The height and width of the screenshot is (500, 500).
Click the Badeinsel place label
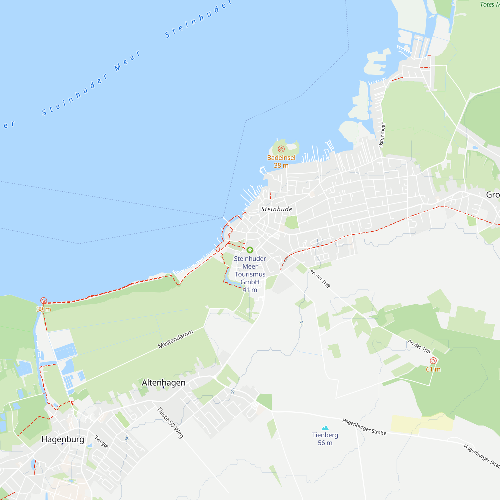click(281, 157)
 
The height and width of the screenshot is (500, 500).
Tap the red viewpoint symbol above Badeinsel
click(281, 149)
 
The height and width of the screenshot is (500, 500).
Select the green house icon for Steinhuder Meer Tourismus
click(250, 250)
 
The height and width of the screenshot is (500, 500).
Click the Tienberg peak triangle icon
click(325, 427)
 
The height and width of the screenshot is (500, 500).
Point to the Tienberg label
click(325, 435)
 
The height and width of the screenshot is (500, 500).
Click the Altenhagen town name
click(163, 382)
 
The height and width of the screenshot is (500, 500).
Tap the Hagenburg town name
click(63, 439)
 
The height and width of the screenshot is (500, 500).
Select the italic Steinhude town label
click(276, 209)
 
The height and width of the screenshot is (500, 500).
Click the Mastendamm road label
click(175, 339)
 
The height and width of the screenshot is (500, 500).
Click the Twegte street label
click(101, 442)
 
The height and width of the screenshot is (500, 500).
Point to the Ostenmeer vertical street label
click(382, 135)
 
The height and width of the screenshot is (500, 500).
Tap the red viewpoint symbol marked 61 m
click(433, 360)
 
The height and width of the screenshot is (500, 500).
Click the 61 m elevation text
click(433, 369)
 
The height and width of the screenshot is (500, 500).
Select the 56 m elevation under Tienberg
click(325, 443)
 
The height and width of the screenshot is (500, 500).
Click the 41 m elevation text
click(250, 290)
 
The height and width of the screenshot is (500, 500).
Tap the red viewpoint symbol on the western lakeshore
click(43, 300)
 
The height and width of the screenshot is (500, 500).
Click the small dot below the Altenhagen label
click(163, 387)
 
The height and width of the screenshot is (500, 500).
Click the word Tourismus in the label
click(250, 274)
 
